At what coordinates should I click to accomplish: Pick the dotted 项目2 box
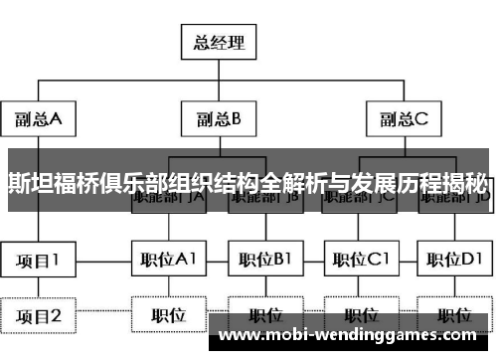(x=40, y=316)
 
